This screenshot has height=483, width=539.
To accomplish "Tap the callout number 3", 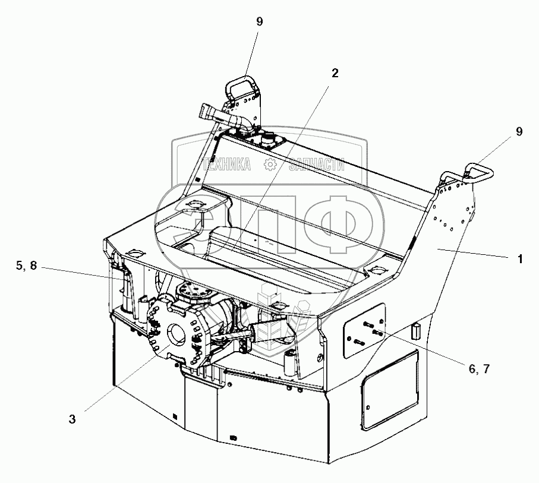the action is coord(72,419).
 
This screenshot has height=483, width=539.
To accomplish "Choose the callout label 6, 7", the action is coord(479,368).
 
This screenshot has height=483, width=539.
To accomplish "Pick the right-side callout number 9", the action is coord(519,132).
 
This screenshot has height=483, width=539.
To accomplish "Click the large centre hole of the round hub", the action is coord(177,334).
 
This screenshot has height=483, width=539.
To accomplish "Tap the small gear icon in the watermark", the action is coord(270,165).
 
